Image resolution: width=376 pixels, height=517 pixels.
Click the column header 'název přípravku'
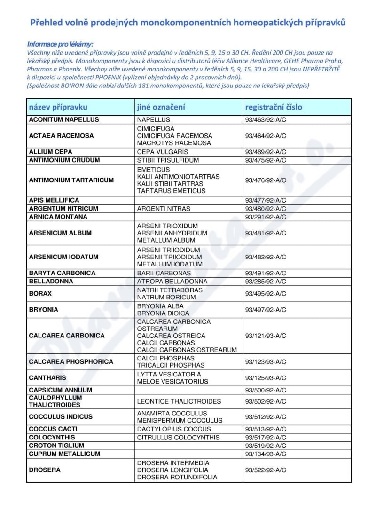pos(58,107)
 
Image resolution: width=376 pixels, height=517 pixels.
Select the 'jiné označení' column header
pos(161,107)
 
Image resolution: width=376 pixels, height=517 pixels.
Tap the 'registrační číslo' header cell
pos(274,107)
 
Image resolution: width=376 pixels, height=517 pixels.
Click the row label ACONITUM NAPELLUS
pos(64,120)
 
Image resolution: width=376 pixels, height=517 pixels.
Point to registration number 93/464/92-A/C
pos(266,136)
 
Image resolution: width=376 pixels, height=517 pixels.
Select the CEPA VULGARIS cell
pos(162,152)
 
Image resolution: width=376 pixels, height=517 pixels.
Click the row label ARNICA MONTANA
pos(58,217)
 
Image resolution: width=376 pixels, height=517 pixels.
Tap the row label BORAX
pos(40,294)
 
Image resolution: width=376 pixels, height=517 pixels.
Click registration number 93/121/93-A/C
pos(266,336)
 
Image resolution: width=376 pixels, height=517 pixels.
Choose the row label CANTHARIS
pos(47,378)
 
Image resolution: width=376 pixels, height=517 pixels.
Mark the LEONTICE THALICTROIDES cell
pos(179,402)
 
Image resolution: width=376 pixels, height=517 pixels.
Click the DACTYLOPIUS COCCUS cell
pos(174,429)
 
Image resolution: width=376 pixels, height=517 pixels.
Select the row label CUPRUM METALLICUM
pos(64,454)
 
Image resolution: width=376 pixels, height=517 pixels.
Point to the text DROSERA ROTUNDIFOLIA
pos(177,478)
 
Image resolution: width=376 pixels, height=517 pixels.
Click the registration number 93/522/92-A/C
pos(266,470)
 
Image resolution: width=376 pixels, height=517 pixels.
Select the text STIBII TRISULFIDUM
pos(165,160)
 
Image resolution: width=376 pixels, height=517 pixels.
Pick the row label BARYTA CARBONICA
pos(62,273)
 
